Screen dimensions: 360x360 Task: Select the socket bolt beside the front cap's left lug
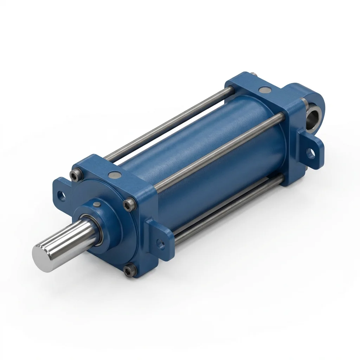coord(74,175)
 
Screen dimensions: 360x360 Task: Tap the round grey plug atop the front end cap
coord(114,174)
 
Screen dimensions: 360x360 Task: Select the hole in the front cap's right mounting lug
coord(161,243)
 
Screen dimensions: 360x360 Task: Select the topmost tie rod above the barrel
coord(169,123)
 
